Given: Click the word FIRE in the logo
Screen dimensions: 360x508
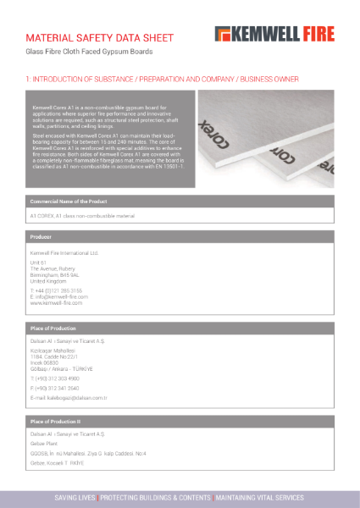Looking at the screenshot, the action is pyautogui.click(x=317, y=34).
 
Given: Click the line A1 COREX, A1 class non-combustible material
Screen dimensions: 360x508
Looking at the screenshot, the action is pyautogui.click(x=82, y=217).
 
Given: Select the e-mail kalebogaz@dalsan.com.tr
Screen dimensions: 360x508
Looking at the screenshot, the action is pyautogui.click(x=69, y=397).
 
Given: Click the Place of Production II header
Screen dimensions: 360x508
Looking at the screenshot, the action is pyautogui.click(x=56, y=420).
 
